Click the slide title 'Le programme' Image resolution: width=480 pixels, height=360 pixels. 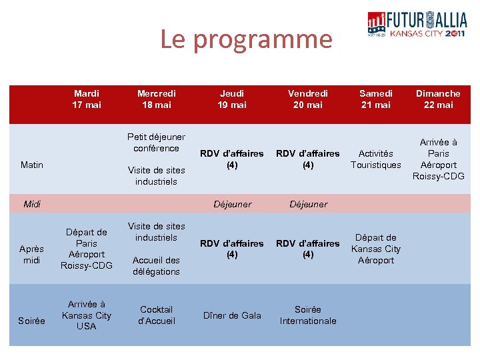coord(245,40)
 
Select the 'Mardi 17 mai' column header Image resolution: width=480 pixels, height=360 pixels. coord(87,99)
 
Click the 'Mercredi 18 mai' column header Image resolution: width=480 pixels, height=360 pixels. coord(156,99)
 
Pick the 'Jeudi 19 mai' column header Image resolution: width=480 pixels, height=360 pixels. coord(232,99)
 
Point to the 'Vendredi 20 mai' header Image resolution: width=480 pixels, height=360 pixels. coord(307,99)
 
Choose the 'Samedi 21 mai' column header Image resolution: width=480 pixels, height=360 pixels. coord(376,99)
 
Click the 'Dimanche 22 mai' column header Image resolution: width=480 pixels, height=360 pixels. coord(438,99)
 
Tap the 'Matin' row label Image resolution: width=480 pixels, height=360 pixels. coord(32,165)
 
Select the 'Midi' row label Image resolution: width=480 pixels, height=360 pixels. coord(32,204)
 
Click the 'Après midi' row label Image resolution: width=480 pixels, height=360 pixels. coord(32,255)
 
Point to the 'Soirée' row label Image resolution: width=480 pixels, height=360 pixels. coord(32,321)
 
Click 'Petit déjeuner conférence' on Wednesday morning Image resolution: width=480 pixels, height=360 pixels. coord(156,143)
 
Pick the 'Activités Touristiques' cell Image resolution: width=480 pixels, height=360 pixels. coord(376,159)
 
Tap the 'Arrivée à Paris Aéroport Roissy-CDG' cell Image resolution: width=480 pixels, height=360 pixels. coord(438,159)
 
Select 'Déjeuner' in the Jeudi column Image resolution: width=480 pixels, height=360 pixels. coord(232,204)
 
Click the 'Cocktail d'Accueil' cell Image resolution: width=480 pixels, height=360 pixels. coord(156,315)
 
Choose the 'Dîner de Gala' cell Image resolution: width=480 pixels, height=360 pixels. coord(232,315)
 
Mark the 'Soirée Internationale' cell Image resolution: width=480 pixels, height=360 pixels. coord(307,315)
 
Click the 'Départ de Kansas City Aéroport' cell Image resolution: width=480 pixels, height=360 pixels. coord(376,249)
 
